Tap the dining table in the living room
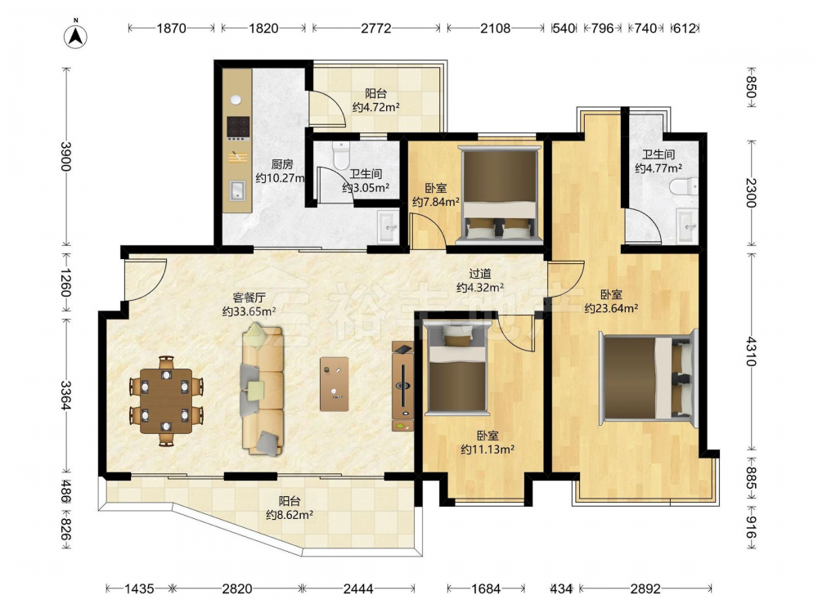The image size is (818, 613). click(x=166, y=400)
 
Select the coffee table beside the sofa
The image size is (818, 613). click(x=335, y=383)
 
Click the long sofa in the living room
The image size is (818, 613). click(x=262, y=390)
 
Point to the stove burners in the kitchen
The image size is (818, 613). click(x=238, y=127)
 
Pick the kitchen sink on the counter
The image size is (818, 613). click(x=238, y=190)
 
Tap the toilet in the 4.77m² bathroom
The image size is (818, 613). click(x=684, y=186)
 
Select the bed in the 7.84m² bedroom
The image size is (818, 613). click(x=500, y=195)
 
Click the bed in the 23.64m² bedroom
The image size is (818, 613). click(x=649, y=378)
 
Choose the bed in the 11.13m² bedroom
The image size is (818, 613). click(x=457, y=368)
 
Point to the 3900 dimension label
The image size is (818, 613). click(x=65, y=156)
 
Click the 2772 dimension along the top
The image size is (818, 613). click(x=376, y=28)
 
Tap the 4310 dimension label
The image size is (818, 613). click(x=751, y=351)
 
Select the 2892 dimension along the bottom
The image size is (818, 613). click(x=645, y=589)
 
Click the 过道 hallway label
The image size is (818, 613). click(x=480, y=273)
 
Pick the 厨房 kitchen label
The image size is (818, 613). click(x=281, y=164)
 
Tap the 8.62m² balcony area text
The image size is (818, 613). click(x=290, y=515)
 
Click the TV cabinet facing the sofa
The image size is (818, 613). click(x=402, y=386)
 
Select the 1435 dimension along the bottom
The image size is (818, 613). click(x=139, y=589)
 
